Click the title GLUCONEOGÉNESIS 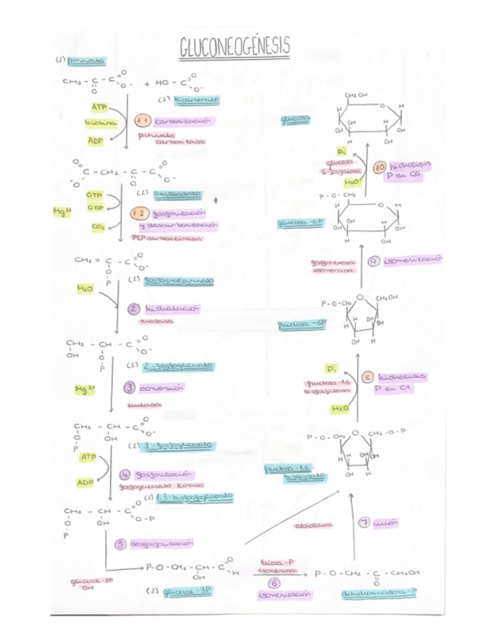[x=234, y=48]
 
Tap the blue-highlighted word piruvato [x=86, y=61]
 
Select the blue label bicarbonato [x=196, y=100]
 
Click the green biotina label [x=99, y=123]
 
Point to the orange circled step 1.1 [x=142, y=121]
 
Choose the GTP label [x=95, y=195]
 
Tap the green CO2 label [x=98, y=226]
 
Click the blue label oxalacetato [x=178, y=194]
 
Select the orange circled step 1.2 [x=139, y=214]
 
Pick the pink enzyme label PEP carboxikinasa [x=167, y=237]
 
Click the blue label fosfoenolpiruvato [x=179, y=280]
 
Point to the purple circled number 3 [x=129, y=388]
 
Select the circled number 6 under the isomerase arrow [x=274, y=583]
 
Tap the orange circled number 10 [x=380, y=167]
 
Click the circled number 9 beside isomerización [x=373, y=261]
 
